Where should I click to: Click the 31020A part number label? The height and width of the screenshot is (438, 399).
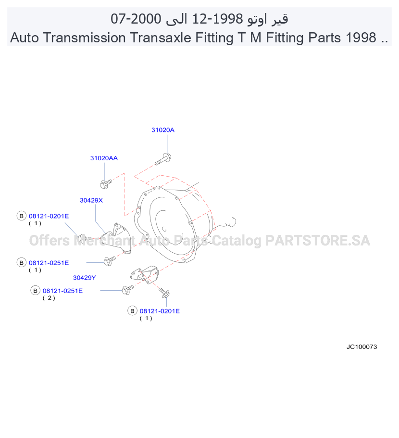click(162, 130)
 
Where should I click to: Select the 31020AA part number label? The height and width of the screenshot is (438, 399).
click(104, 158)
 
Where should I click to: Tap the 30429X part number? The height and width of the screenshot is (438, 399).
click(91, 200)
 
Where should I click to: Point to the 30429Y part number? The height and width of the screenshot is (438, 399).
click(84, 278)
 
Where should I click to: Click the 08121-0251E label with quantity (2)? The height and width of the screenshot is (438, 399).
click(62, 291)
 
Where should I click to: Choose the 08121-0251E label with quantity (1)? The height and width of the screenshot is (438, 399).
click(49, 263)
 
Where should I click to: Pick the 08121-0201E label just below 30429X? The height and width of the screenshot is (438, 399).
click(49, 216)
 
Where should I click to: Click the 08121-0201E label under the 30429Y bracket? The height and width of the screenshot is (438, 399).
click(160, 311)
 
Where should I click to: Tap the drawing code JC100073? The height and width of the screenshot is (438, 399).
click(362, 347)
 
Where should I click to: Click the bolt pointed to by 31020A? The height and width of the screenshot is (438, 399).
click(163, 159)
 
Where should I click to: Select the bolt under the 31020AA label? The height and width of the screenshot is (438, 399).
click(106, 184)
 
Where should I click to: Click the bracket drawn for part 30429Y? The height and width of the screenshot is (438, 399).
click(145, 274)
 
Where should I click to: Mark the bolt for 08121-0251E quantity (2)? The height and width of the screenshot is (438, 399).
click(128, 289)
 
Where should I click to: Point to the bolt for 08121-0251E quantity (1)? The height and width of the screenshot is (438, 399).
click(110, 261)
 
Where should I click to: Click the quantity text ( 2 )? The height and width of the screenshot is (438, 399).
click(49, 298)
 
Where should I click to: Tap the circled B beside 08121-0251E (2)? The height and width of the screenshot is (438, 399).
click(35, 291)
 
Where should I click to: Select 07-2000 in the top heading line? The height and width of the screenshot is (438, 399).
click(136, 19)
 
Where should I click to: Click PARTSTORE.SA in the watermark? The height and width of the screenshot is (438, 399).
click(318, 241)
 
